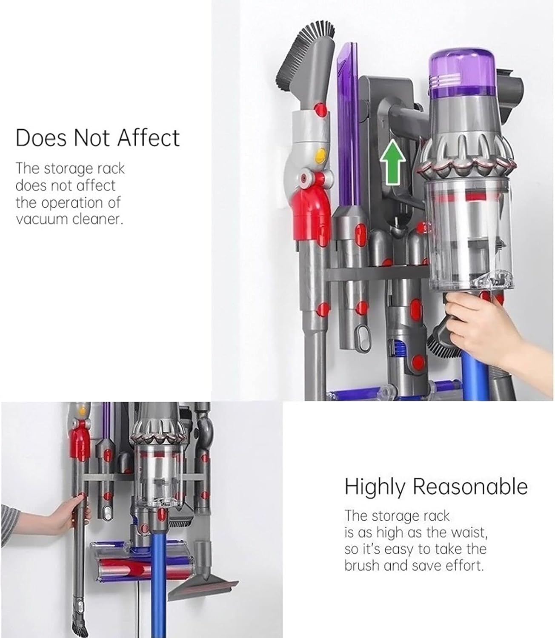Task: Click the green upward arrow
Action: pos(392,162)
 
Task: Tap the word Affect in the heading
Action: pos(149,137)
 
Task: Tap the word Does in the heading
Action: pos(41,137)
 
